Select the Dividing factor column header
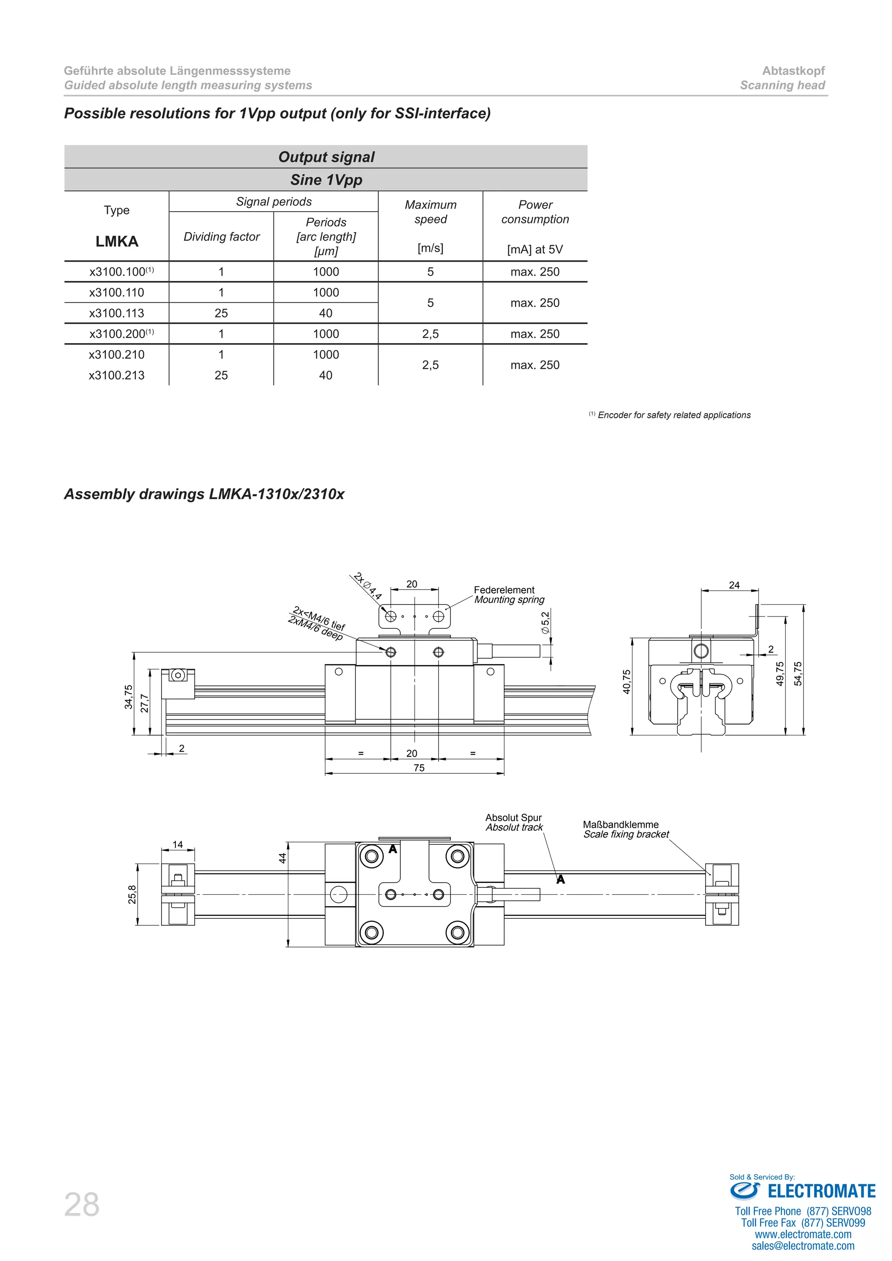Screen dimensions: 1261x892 coord(221,237)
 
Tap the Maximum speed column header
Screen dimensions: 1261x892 coord(431,212)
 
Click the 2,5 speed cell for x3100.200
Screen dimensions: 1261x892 coord(431,334)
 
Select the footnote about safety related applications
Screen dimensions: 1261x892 coord(673,415)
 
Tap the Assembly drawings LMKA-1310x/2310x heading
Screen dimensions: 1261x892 coord(204,494)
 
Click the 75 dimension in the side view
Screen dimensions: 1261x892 coord(419,768)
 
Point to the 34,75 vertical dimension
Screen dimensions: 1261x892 coord(128,696)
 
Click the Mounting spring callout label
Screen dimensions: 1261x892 coord(509,600)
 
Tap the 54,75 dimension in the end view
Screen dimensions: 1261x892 coord(798,674)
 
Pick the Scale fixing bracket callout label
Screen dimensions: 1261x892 coord(626,834)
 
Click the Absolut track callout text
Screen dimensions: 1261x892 coord(514,827)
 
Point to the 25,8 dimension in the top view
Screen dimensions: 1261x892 coord(132,894)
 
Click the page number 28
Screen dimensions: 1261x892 coord(82,1204)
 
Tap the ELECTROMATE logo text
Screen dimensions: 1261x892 coord(821,1191)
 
